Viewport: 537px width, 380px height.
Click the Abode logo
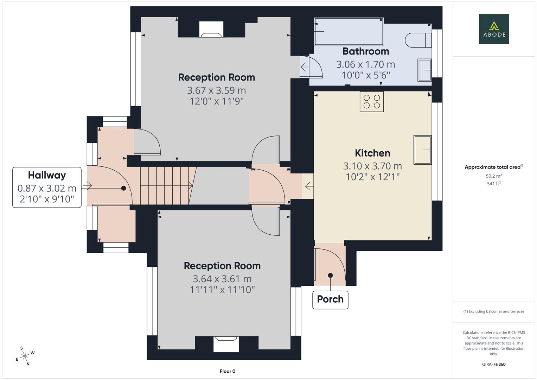click(493, 29)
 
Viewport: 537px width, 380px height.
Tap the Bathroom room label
click(366, 51)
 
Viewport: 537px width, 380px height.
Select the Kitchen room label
click(372, 153)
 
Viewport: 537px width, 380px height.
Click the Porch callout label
click(330, 299)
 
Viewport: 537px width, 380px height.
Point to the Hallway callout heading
click(47, 175)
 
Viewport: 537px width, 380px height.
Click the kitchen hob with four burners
click(372, 101)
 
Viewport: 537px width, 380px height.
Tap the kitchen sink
click(422, 150)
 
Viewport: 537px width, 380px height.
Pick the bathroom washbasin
click(424, 70)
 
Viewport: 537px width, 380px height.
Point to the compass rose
click(25, 356)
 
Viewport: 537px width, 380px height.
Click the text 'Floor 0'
click(228, 371)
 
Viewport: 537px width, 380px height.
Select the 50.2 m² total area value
click(493, 176)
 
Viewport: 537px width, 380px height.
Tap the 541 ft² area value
click(493, 183)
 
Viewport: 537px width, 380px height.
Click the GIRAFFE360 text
click(493, 364)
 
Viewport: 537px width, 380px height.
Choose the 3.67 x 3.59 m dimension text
click(216, 90)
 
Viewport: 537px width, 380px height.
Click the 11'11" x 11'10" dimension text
click(222, 290)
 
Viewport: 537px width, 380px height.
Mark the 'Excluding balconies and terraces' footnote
click(493, 311)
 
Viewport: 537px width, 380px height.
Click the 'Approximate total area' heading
click(493, 167)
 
